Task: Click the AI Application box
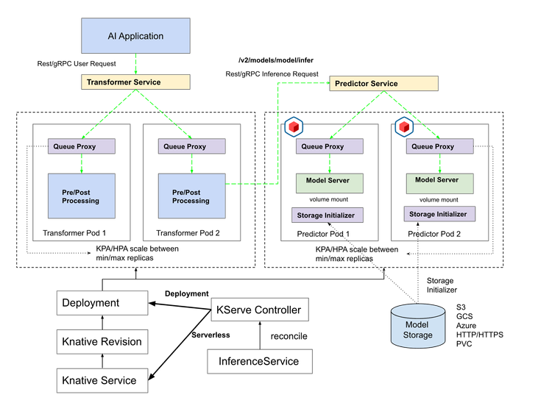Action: coord(135,36)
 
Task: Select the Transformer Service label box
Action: coord(135,82)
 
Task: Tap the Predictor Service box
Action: coord(383,83)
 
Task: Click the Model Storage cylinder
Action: coord(417,326)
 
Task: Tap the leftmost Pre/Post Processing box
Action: coord(81,196)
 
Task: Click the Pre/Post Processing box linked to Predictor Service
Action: coord(191,196)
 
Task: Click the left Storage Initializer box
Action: coord(326,215)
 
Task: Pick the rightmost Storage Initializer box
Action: coord(439,214)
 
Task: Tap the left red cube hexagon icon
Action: coord(294,127)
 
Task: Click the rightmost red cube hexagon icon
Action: coord(404,127)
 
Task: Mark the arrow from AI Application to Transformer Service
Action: coord(135,64)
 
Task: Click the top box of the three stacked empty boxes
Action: coord(102,302)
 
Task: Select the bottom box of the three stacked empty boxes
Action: coord(102,379)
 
